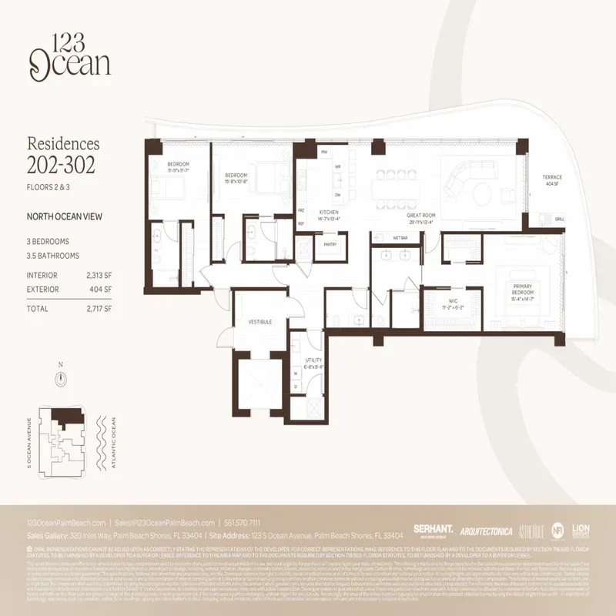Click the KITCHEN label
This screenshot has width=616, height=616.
coord(329,211)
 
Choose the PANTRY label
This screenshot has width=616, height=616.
coord(330,244)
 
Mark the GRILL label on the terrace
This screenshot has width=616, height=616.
coord(560,219)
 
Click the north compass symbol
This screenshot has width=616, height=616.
coord(61,378)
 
